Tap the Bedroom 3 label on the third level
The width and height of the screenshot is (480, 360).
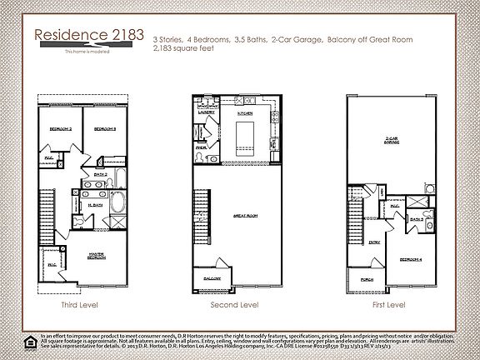[103, 130]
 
